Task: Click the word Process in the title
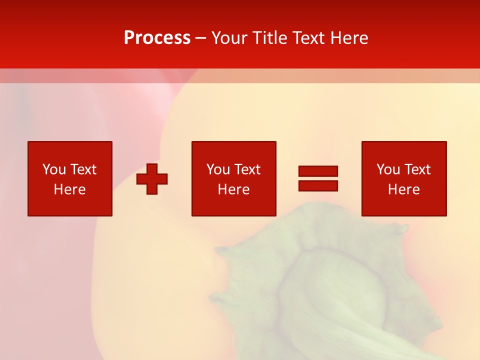[157, 38]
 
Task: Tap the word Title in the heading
[269, 38]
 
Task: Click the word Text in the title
[306, 38]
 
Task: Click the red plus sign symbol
[152, 179]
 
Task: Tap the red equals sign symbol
[318, 178]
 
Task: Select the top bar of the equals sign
[318, 171]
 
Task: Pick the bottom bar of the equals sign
[318, 185]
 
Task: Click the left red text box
[70, 178]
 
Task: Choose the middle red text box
[233, 178]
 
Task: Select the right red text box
[404, 178]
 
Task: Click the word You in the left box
[54, 169]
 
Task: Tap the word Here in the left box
[69, 189]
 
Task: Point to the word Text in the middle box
[247, 169]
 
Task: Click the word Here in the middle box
[233, 189]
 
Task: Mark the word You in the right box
[388, 169]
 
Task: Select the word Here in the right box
[403, 189]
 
